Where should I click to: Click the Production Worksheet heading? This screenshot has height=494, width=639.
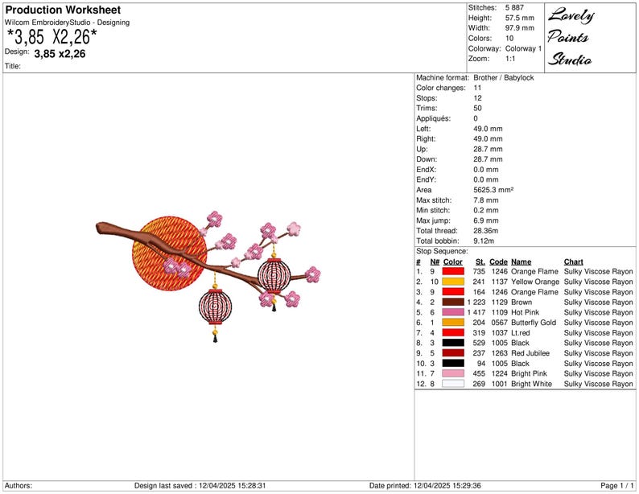click(x=63, y=10)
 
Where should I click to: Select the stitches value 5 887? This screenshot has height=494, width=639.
click(x=514, y=8)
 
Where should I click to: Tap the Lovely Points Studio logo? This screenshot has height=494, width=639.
click(x=571, y=37)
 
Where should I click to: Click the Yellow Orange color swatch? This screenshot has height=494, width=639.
click(x=453, y=282)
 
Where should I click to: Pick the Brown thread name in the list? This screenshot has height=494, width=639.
click(x=522, y=303)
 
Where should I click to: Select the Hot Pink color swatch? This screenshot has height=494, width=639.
click(x=453, y=312)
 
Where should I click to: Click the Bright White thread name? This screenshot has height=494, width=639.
click(x=531, y=384)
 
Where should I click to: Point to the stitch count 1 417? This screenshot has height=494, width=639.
click(x=476, y=312)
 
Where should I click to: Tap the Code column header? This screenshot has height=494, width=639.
click(x=498, y=261)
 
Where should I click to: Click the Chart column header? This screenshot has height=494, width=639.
click(x=573, y=261)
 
